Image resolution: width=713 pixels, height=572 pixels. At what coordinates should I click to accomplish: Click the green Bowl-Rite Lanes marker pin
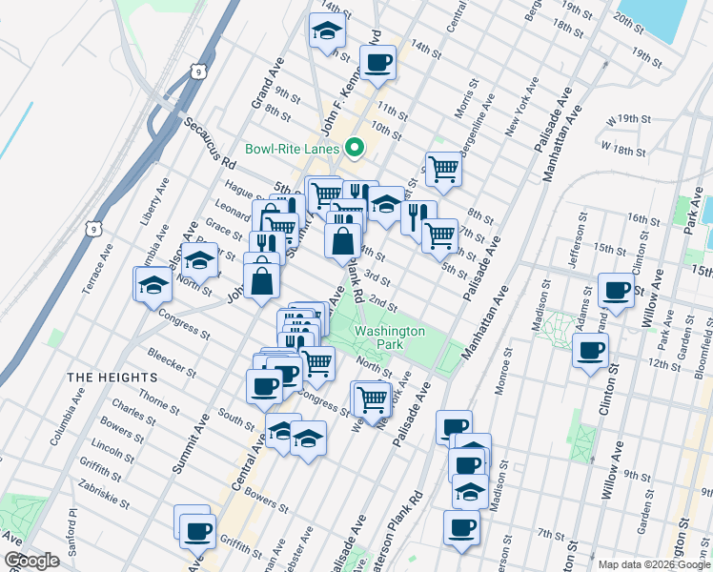[x=355, y=148]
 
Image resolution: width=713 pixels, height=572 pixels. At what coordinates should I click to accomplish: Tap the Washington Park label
[x=389, y=337]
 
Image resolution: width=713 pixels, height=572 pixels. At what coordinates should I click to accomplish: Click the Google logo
[x=32, y=561]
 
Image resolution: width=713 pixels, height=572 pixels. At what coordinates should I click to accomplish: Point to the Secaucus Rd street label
[x=210, y=144]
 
